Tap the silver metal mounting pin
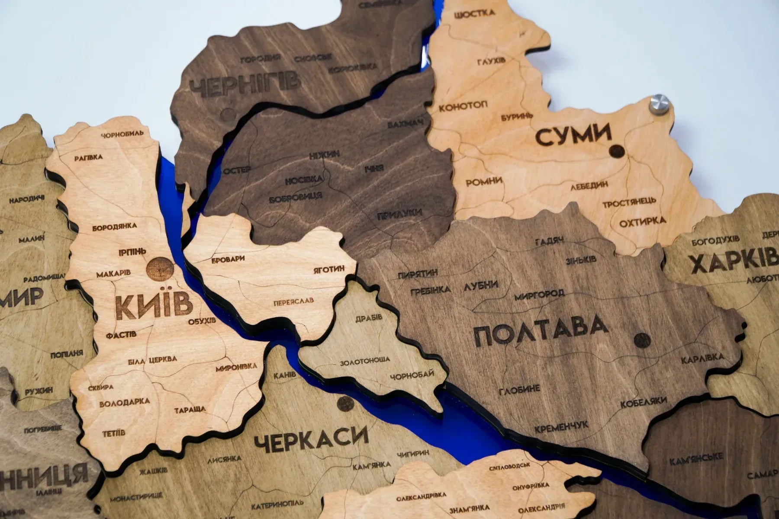660,106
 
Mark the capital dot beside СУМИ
616,151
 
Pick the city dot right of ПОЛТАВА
641,340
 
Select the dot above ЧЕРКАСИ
345,404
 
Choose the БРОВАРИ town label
228,259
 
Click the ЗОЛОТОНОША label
365,360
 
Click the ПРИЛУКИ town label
399,214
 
